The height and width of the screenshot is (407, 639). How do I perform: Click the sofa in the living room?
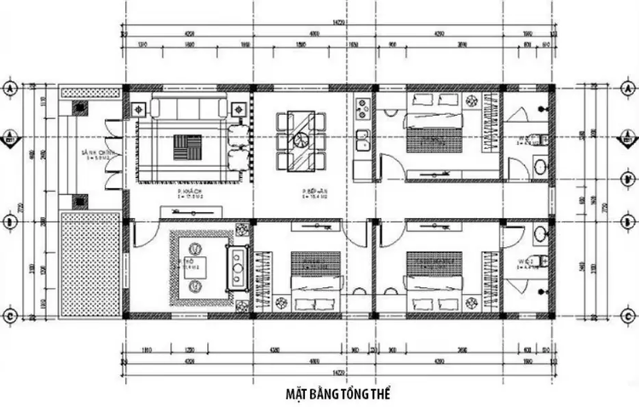(x=190, y=108)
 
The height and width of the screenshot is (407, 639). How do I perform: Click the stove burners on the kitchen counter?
(x=361, y=109)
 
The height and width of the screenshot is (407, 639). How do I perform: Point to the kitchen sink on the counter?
(x=361, y=139)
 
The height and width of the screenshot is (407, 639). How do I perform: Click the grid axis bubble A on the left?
(x=10, y=89)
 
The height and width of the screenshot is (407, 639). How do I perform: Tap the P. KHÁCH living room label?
(x=188, y=192)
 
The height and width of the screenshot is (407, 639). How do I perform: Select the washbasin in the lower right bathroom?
(x=539, y=232)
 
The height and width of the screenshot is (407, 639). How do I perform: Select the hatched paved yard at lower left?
(x=90, y=265)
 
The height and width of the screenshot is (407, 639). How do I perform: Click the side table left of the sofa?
(x=138, y=108)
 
